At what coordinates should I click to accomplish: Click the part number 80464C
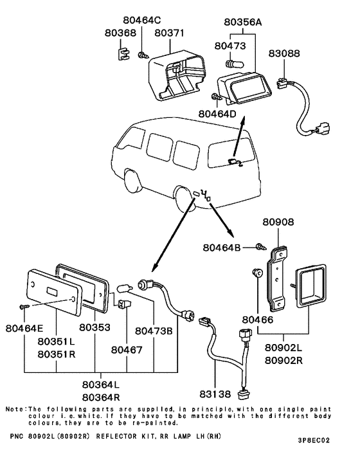(142, 21)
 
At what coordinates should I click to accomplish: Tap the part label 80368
(120, 33)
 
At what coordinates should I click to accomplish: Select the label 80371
(169, 33)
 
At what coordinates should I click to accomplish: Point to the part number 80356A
(243, 22)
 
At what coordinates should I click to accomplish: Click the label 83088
(284, 53)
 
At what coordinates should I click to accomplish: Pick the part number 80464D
(217, 114)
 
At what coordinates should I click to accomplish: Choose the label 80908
(278, 222)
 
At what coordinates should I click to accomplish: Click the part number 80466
(258, 320)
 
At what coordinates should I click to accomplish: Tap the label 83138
(215, 394)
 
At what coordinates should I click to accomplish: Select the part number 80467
(127, 350)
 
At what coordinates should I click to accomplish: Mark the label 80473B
(154, 331)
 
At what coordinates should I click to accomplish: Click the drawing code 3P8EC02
(314, 440)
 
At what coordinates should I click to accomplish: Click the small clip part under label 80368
(123, 53)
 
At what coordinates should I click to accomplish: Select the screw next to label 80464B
(261, 247)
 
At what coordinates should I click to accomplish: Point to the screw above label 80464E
(24, 306)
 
